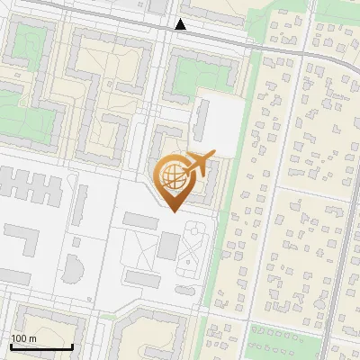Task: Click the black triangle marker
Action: click(181, 24)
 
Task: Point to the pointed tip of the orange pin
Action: click(174, 211)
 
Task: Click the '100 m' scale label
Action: click(24, 338)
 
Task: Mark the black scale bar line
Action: click(41, 346)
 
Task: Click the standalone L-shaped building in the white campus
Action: click(25, 240)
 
